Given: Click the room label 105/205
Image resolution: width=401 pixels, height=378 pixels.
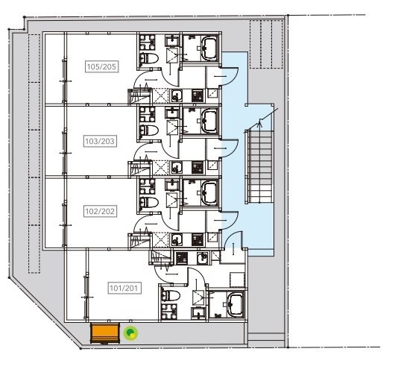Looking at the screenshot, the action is point(102,67).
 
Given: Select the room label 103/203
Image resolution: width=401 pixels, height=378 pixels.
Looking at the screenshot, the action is point(100,141).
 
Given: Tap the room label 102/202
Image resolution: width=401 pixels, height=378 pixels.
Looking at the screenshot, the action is point(100,211).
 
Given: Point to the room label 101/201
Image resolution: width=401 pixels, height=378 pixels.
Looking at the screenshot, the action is point(124,288).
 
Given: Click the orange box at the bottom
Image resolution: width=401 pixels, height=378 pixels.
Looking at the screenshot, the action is point(105,333).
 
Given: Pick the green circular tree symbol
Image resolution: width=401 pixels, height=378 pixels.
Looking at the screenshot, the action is point(130,333).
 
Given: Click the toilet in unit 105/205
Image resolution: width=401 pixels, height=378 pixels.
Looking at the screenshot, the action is point(149,58).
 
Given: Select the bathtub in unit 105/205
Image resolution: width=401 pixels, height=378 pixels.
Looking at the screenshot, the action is point(209,48).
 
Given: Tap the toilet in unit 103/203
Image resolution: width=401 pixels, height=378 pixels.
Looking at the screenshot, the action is point(149,130).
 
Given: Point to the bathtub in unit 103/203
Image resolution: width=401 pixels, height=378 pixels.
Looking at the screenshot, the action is point(209,120).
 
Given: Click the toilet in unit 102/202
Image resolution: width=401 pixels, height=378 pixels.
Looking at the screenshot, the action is point(149,202).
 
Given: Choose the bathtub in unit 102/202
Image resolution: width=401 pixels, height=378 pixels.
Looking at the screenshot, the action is point(209,192).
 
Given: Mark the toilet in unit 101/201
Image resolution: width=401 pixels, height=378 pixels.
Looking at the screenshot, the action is point(171,295).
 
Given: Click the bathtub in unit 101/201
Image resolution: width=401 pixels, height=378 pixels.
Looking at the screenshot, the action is point(236,304).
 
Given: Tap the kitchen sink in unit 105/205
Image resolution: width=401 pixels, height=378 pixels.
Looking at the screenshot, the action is point(177,95).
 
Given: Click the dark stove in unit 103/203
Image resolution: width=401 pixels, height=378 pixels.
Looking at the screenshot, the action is point(198,168).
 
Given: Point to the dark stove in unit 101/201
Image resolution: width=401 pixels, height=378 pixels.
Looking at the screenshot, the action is point(182,258).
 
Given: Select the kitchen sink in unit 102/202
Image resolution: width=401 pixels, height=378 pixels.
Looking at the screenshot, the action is point(177,240).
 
